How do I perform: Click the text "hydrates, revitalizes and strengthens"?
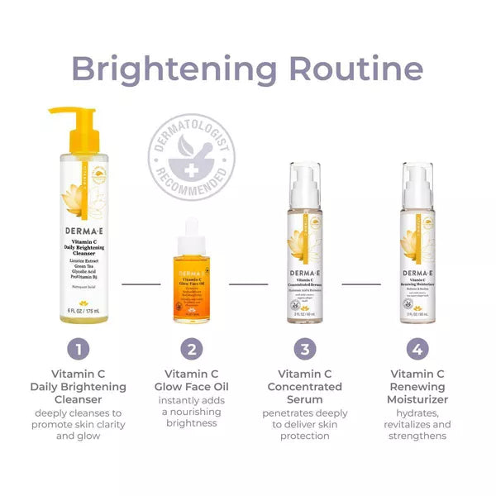coord(419,425)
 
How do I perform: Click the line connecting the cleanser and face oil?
coord(141,284)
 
